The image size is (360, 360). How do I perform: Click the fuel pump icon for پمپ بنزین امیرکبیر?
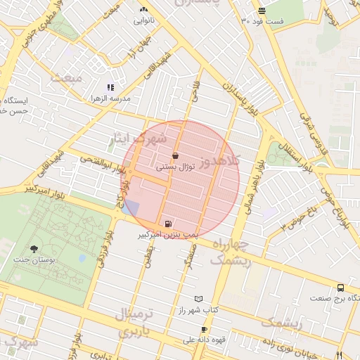point(166,218)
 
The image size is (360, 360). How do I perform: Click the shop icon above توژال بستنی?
point(175,155)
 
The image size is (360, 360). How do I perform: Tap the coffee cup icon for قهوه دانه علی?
point(204,329)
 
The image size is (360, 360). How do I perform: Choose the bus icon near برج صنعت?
point(340,288)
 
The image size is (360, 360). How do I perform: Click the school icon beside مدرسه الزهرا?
point(110,88)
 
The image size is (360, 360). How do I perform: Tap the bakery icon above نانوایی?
point(144,10)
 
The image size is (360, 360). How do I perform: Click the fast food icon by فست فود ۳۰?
point(262,11)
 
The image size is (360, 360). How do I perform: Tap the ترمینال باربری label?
point(124,320)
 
